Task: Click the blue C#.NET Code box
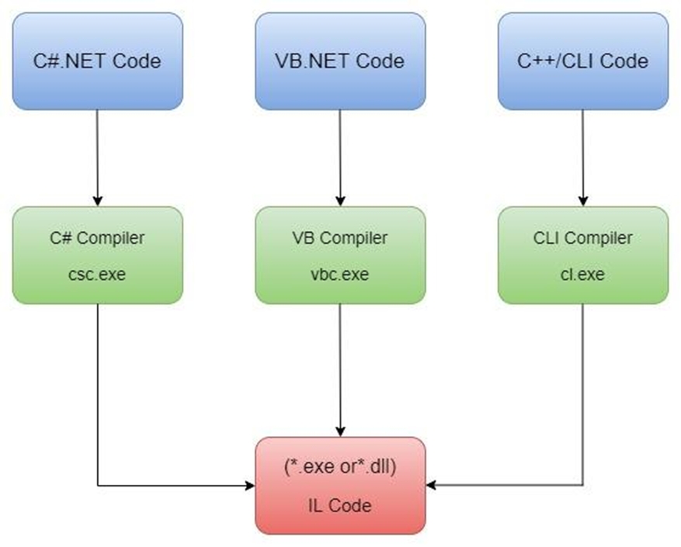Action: (98, 61)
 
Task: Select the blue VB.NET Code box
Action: (340, 61)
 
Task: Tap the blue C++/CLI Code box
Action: (582, 61)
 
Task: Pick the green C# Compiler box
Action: (98, 254)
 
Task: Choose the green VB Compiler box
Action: (340, 254)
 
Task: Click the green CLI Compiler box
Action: (582, 254)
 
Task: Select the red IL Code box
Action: (340, 485)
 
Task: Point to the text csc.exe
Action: (98, 274)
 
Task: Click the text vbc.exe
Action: (340, 274)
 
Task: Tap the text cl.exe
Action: (582, 274)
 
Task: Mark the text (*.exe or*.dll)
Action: (340, 467)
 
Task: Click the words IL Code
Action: (340, 505)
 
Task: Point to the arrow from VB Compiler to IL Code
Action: (340, 369)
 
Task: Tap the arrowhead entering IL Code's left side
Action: (250, 486)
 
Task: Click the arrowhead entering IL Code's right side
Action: (431, 486)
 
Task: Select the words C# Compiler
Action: (98, 237)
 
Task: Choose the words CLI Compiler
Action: (582, 237)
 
